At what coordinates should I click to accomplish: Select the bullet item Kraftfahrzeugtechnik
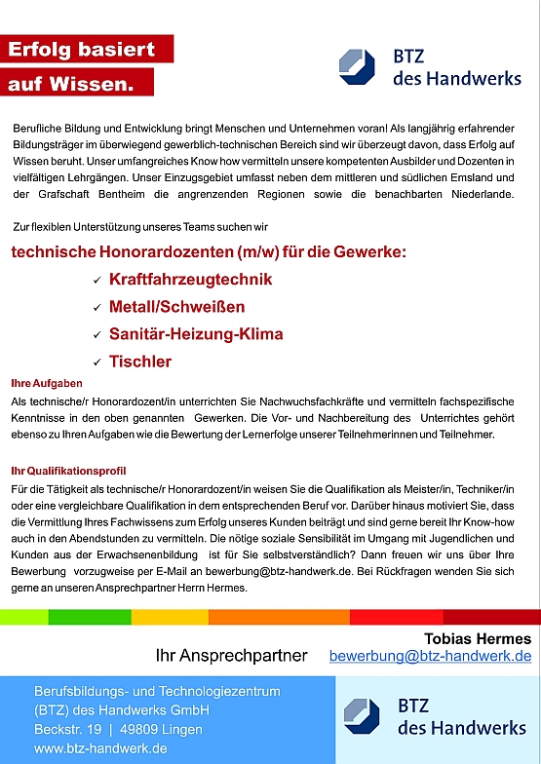point(190,280)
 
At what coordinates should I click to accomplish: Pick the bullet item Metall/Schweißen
point(175,307)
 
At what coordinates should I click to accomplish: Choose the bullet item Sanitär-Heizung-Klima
point(196,334)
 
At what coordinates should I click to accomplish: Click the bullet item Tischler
point(140,362)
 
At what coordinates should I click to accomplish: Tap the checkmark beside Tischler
point(97,363)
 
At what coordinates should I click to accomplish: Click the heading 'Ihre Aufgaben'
point(47,383)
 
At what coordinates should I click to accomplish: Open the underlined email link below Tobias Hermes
point(430,657)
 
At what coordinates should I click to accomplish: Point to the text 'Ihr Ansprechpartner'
point(231,656)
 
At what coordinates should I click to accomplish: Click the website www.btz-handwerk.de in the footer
point(100,748)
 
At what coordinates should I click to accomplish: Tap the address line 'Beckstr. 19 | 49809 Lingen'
point(118,729)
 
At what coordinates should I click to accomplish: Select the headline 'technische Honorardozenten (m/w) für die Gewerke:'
point(209,252)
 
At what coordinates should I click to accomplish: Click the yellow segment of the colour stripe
point(170,617)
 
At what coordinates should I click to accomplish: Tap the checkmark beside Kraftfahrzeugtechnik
point(97,281)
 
